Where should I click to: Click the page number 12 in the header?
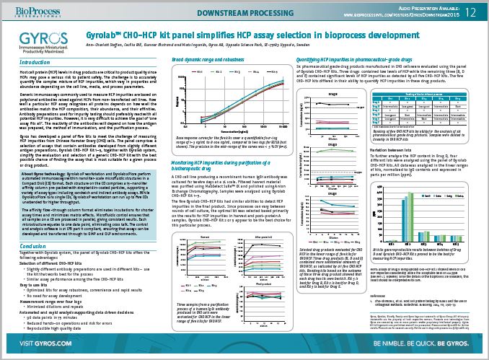pos(470,12)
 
